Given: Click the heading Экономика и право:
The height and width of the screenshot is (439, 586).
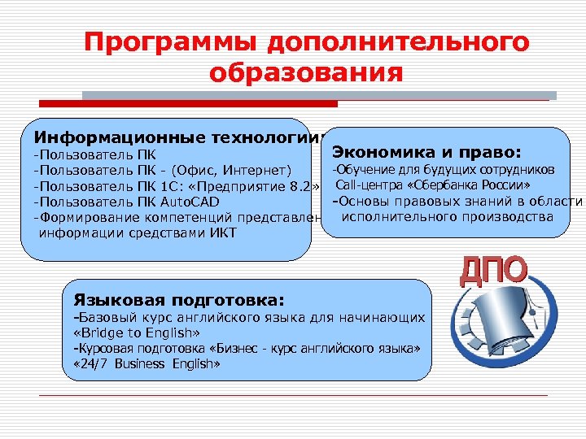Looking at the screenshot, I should click(x=426, y=151).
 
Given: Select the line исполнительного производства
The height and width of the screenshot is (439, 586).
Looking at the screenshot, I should click(x=447, y=217).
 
